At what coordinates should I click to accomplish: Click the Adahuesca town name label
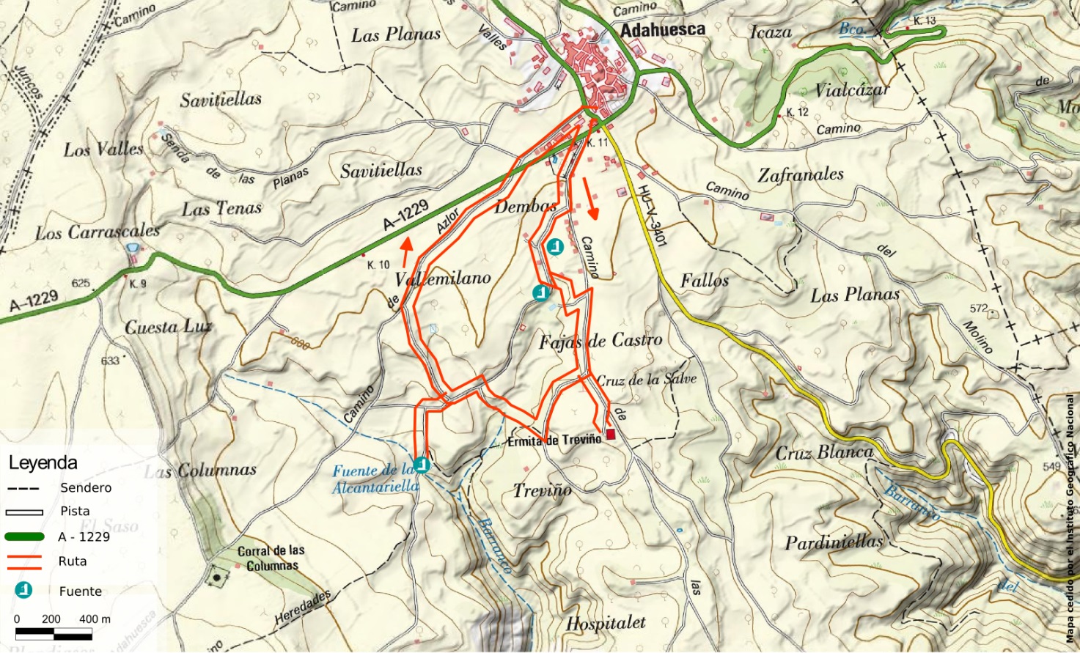pos(662,29)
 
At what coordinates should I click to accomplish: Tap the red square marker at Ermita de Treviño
pos(610,434)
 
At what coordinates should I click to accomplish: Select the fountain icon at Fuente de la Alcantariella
pos(422,465)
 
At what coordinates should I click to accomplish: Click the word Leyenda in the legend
pos(43,463)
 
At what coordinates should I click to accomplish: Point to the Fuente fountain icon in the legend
pos(24,590)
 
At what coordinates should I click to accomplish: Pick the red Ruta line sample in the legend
pos(24,561)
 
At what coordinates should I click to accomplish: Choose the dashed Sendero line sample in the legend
pos(24,488)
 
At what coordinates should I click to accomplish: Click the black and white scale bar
pos(54,632)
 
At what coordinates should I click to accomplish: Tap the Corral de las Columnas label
pos(271,558)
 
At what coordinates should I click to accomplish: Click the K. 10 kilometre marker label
pos(378,265)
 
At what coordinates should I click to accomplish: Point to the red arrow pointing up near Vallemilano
pos(405,253)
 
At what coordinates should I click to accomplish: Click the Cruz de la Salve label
pos(646,380)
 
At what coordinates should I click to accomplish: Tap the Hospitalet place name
pos(606,623)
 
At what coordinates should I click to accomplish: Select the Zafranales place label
pos(801,175)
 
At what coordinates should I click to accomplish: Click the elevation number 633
pos(110,361)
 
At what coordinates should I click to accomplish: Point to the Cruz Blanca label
pos(825,453)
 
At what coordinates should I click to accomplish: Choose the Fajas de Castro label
pos(600,341)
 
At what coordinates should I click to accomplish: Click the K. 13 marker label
pos(925,21)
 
